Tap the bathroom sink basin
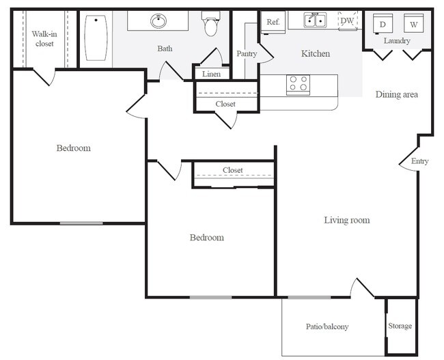pos(158,21)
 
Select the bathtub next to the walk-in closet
pos(96,38)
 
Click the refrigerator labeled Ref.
pos(273,23)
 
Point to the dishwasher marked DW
pos(348,20)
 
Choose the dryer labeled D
pos(383,24)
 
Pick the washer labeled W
pos(413,24)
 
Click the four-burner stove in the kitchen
pos(299,85)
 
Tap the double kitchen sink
pos(315,20)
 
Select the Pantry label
pos(247,54)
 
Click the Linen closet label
pos(211,74)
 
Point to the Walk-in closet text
pos(44,39)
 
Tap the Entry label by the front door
pos(419,161)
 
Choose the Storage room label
pos(400,326)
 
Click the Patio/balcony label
pos(327,327)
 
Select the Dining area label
pos(396,94)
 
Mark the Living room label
pos(347,221)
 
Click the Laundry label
pos(397,41)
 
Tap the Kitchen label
pos(316,53)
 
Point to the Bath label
pos(165,49)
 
